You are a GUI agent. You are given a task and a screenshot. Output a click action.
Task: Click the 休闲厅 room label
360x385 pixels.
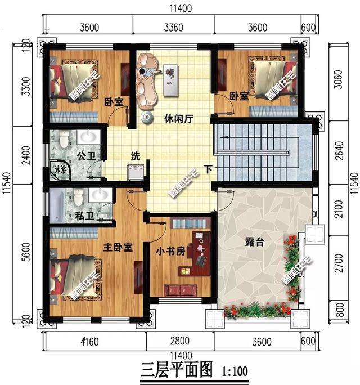(x=179, y=119)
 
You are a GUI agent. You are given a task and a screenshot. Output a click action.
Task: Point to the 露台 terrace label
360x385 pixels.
(x=254, y=243)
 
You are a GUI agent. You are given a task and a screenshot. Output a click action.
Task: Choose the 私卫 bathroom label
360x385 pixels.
(x=84, y=216)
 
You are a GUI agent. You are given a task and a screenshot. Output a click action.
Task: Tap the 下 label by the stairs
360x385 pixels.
(x=208, y=168)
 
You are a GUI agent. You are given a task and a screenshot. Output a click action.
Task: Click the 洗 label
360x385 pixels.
(x=136, y=155)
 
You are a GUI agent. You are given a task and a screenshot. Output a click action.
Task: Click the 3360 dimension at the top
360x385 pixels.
(x=174, y=27)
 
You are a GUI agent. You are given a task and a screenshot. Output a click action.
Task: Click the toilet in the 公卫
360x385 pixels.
(x=63, y=139)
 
